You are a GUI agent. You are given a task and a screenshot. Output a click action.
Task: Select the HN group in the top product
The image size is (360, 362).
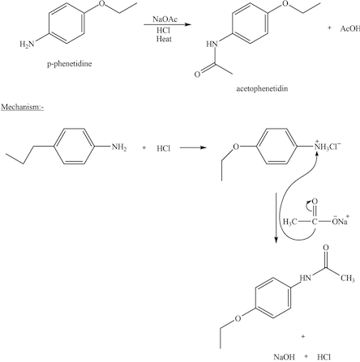(x=212, y=44)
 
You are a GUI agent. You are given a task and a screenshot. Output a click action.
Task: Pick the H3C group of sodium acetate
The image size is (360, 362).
(x=289, y=220)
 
